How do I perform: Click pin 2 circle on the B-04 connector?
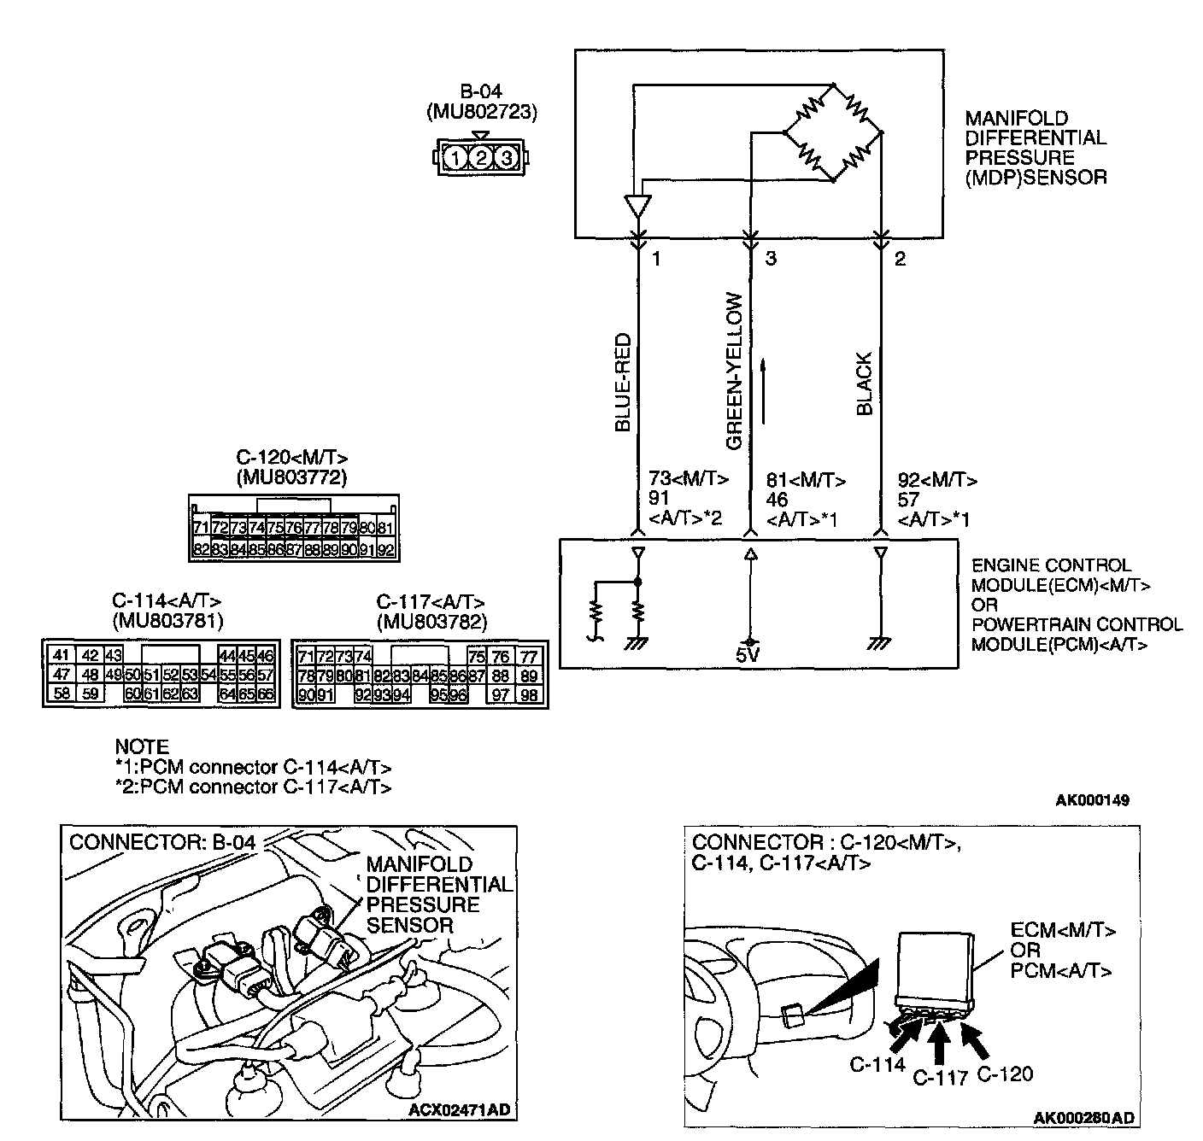point(481,158)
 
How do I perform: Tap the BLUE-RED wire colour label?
point(623,382)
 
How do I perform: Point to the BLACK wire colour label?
point(864,383)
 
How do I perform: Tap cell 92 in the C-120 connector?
point(385,550)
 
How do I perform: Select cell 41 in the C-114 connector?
point(60,655)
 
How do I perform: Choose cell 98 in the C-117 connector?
point(530,695)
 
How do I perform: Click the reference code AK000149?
point(1092,800)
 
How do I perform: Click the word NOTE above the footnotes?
point(142,746)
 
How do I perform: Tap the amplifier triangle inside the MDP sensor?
point(637,208)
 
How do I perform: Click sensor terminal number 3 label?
point(771,259)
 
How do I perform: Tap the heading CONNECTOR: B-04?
point(162,842)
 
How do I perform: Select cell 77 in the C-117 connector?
point(530,657)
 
